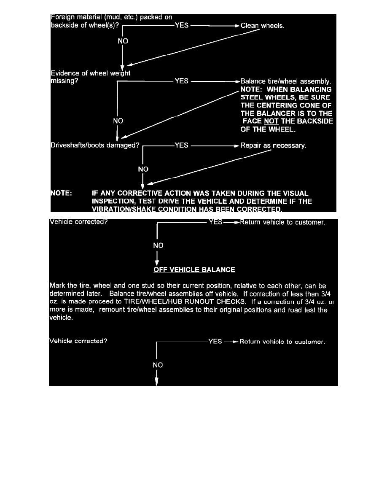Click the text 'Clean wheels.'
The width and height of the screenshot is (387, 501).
click(263, 26)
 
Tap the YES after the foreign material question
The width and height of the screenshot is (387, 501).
click(181, 26)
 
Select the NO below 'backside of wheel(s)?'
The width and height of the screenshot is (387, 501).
click(123, 41)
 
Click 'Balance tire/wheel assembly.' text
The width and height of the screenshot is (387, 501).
click(286, 81)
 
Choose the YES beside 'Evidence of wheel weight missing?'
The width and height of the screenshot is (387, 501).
click(181, 81)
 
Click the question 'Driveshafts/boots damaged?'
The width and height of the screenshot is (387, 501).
click(94, 146)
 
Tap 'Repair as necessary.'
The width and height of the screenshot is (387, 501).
click(273, 146)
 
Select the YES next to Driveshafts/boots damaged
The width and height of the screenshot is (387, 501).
click(181, 146)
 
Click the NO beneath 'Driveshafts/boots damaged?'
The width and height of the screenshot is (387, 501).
click(143, 169)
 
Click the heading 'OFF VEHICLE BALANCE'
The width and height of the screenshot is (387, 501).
click(194, 269)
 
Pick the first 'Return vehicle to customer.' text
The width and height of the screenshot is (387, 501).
click(282, 222)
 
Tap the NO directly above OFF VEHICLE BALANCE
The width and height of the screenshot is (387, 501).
click(158, 245)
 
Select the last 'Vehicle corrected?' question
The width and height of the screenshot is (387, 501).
click(78, 341)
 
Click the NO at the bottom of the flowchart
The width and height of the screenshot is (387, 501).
click(158, 365)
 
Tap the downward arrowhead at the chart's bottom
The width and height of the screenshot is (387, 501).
click(157, 381)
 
